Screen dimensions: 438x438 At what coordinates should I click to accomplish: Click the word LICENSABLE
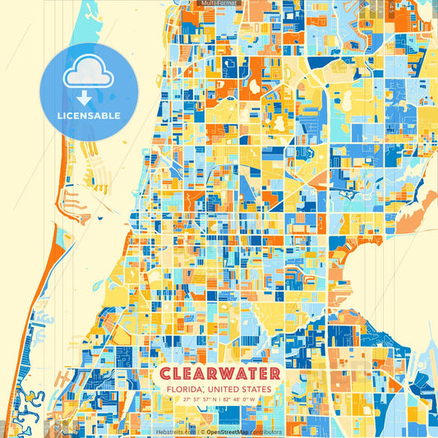tap(88, 116)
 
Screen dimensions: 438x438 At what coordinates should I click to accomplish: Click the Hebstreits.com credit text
tap(175, 431)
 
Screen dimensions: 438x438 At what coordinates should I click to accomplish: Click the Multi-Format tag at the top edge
tap(219, 3)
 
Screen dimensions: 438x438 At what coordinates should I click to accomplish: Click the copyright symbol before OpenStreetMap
tap(202, 431)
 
